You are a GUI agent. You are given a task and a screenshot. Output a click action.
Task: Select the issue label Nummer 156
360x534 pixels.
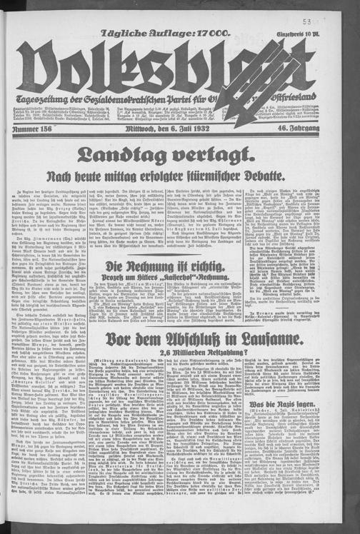31,129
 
